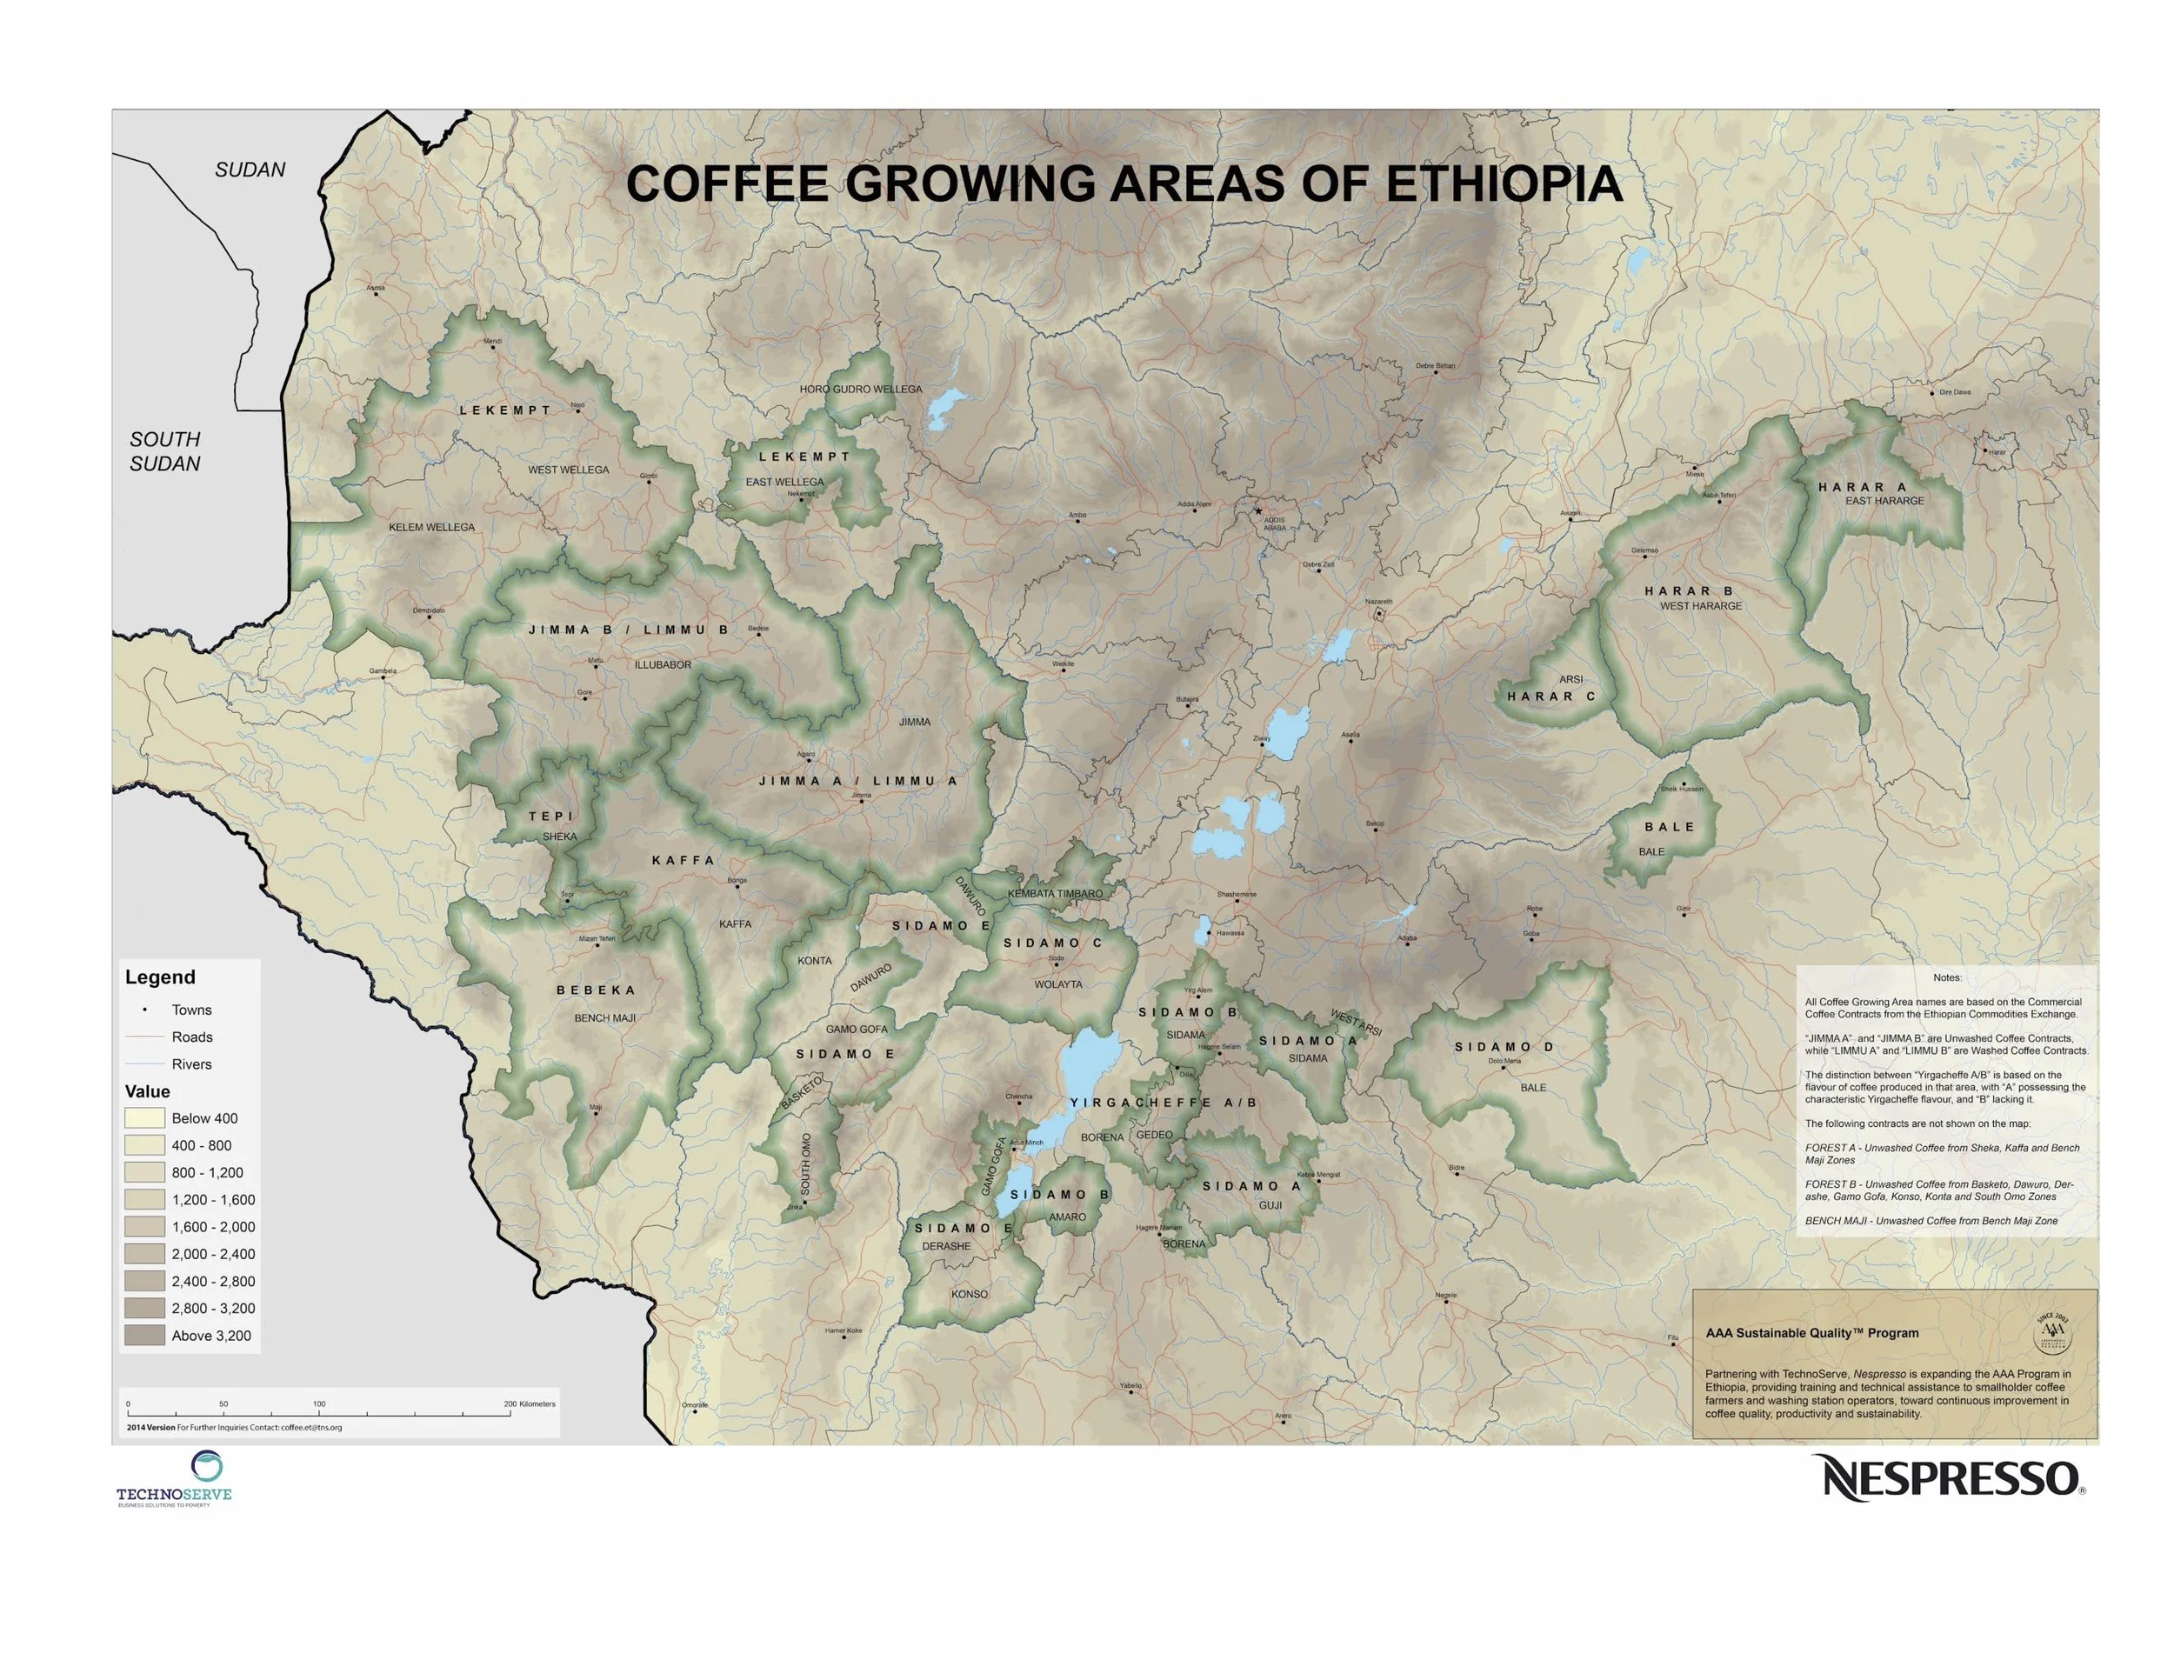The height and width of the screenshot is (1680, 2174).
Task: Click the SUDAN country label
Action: tap(250, 170)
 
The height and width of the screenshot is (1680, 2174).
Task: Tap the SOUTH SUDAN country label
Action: tap(165, 450)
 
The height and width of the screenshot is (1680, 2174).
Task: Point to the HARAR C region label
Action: tap(1550, 697)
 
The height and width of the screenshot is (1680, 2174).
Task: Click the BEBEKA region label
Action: tap(596, 990)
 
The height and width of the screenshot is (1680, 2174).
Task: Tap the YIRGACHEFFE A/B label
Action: tap(1163, 1103)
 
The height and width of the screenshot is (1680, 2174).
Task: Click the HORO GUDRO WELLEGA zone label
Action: tap(861, 390)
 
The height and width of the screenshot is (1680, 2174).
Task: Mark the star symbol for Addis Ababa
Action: tap(1258, 510)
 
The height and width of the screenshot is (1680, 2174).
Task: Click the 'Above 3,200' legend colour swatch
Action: tap(144, 1336)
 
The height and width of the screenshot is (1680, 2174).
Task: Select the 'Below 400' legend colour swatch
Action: tap(144, 1117)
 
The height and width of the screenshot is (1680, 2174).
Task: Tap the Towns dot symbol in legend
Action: tap(145, 1010)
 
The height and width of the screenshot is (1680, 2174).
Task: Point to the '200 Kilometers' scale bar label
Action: tap(530, 1404)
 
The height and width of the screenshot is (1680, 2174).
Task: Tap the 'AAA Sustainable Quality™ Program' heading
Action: tap(1811, 1333)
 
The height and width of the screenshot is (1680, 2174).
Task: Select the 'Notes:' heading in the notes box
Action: tap(1947, 977)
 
